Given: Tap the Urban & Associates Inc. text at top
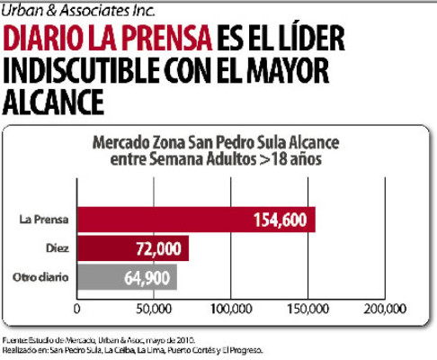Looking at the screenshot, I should [72, 11].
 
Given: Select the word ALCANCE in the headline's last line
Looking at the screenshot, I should [53, 102].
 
